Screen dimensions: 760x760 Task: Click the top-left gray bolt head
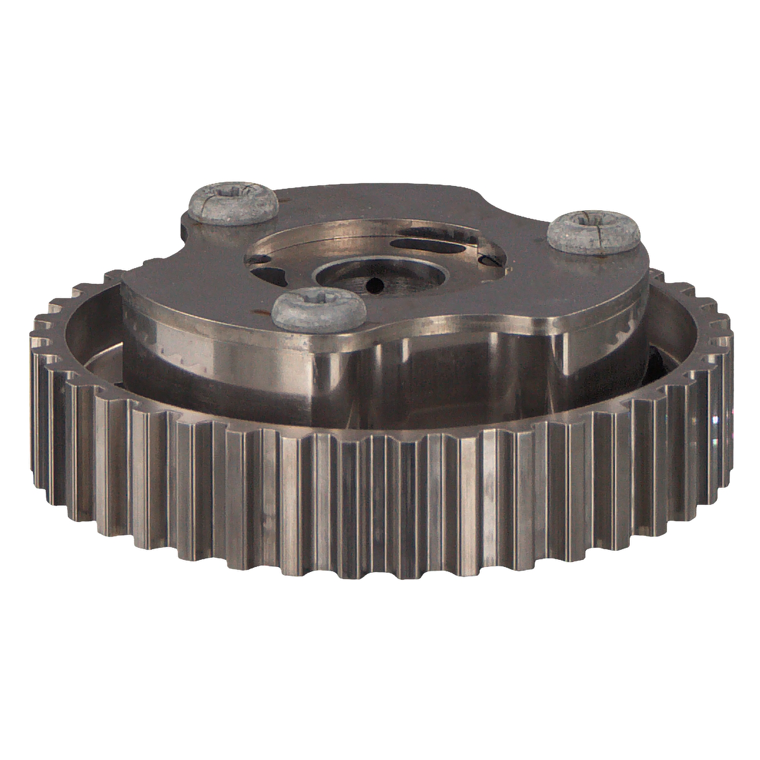233,205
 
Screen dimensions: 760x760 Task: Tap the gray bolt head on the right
594,232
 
